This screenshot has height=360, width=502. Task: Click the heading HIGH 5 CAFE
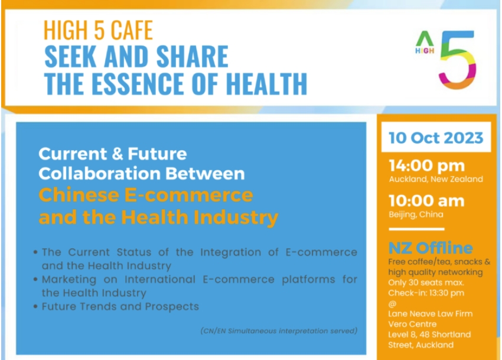[x=98, y=31]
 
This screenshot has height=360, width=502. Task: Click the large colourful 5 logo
[x=458, y=60]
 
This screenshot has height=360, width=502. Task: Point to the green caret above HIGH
[x=425, y=38]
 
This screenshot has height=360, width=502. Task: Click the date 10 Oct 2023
[x=436, y=138]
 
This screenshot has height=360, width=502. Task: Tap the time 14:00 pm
[x=427, y=166]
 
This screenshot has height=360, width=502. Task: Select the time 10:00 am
[x=426, y=201]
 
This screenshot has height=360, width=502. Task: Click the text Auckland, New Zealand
[x=436, y=179]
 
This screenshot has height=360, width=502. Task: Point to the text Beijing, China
[x=416, y=215]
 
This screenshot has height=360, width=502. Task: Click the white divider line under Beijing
[x=416, y=229]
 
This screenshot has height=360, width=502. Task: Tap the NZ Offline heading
[x=431, y=248]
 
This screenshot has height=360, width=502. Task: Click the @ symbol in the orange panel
[x=392, y=303]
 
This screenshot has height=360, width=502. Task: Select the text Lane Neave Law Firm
[x=431, y=313]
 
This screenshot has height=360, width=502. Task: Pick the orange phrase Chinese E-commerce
[x=146, y=195]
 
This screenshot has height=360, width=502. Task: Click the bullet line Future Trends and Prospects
[x=120, y=306]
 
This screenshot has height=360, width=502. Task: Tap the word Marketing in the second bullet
[x=69, y=280]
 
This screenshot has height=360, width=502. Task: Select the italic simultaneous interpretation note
[x=279, y=331]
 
